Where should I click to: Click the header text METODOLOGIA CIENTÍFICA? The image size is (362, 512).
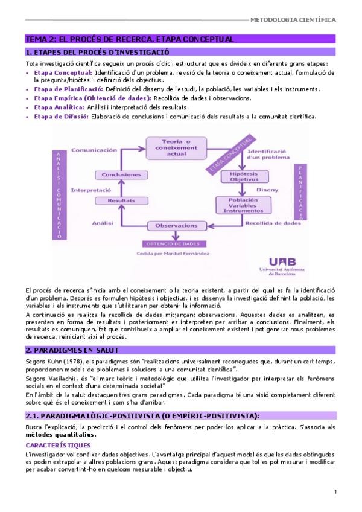293,19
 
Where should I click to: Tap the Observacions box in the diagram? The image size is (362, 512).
176,226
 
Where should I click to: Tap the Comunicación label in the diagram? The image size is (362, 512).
94,149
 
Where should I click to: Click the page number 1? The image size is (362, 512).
335,493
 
